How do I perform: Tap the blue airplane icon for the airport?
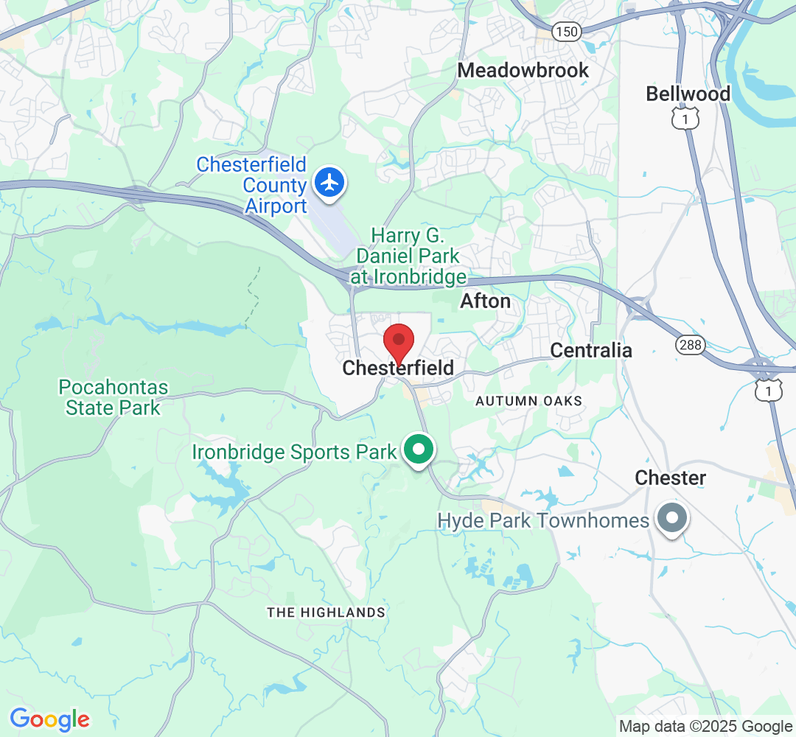(x=329, y=181)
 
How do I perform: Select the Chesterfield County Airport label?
(x=251, y=185)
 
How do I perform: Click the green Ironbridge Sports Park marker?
(x=419, y=450)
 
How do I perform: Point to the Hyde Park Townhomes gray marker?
(x=671, y=519)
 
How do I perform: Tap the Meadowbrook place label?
(x=523, y=70)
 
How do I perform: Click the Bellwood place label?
(x=688, y=94)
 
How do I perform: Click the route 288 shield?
(x=689, y=344)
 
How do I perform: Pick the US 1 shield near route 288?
(x=768, y=391)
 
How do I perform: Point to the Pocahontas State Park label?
(x=113, y=397)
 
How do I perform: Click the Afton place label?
(x=485, y=301)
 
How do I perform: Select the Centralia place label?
(x=591, y=350)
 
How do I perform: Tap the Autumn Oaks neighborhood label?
(x=528, y=401)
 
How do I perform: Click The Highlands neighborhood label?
(x=326, y=612)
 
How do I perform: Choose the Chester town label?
(x=671, y=478)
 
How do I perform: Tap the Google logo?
(x=49, y=719)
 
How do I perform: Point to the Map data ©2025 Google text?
(x=705, y=726)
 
